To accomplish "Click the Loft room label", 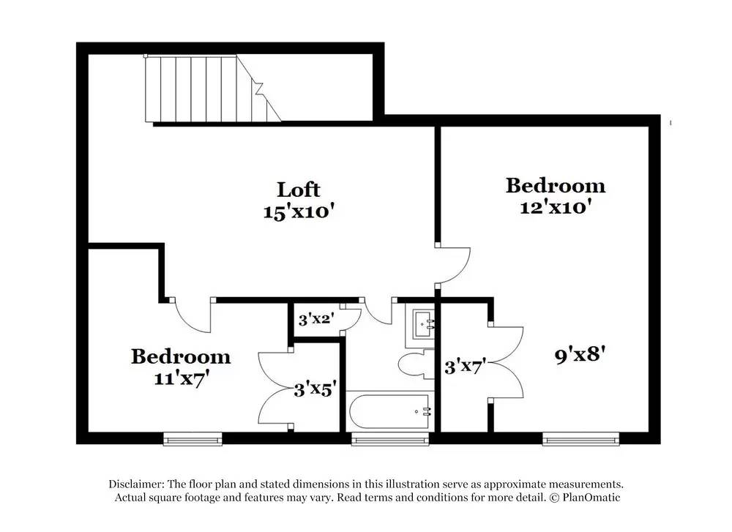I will pos(298,190).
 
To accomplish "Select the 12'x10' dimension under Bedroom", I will pos(555,207).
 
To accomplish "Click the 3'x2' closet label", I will pos(316,319).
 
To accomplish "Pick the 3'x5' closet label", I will pos(315,390).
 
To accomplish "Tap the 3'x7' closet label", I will pos(466,366).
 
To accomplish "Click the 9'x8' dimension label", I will pos(580,356).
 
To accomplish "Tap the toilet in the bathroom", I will pos(415,364).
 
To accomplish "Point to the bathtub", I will pos(391,413).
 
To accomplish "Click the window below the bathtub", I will pos(390,439).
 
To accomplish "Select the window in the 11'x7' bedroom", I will pos(193,439).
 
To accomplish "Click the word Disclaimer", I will pos(136,484).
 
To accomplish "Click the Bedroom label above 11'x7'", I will pos(181,357).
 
